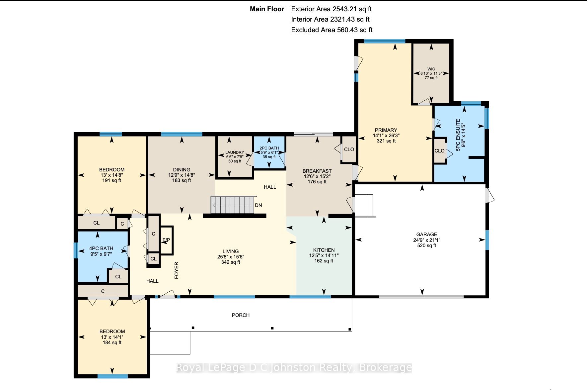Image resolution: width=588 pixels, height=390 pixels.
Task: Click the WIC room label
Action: [431, 69]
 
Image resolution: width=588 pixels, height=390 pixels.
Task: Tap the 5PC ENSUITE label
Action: [458, 135]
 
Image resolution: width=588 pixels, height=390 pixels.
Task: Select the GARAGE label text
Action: [427, 235]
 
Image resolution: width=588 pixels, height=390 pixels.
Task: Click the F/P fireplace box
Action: [167, 241]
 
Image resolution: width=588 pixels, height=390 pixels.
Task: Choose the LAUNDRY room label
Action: [235, 152]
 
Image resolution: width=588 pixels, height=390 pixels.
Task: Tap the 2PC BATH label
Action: [269, 148]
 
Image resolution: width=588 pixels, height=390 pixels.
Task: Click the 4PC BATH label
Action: [101, 248]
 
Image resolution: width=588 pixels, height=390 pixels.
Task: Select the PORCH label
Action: [241, 315]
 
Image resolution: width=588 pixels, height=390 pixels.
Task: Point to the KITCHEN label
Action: [324, 250]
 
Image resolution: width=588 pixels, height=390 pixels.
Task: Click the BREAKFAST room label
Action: [317, 171]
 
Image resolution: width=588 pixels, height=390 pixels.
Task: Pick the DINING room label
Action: [182, 170]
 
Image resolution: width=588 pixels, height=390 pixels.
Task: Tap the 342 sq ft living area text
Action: [231, 262]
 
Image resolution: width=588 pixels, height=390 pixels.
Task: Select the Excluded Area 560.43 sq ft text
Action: [332, 30]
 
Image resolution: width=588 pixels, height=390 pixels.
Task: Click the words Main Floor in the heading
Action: [267, 9]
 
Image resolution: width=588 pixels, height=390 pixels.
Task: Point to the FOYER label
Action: [177, 270]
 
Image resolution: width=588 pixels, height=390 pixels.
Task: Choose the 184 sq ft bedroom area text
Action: [112, 342]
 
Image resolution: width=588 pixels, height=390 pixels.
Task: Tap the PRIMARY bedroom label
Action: [386, 130]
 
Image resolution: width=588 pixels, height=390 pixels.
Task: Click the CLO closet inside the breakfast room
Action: [349, 149]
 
